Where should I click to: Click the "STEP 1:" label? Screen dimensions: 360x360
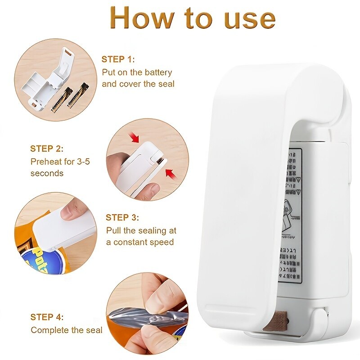[x=118, y=59]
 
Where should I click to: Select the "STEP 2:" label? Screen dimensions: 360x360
[x=47, y=148]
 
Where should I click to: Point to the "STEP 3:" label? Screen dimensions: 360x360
[x=122, y=217]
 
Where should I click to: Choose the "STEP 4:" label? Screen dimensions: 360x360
[x=47, y=317]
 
